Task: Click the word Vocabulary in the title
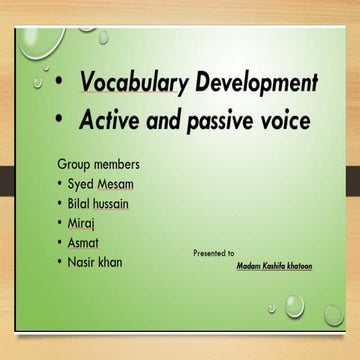point(134,83)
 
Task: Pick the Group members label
point(98,163)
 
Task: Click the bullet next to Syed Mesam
point(62,184)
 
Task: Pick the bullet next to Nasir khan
point(62,263)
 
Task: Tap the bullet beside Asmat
point(62,243)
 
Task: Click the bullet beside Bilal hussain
point(62,204)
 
